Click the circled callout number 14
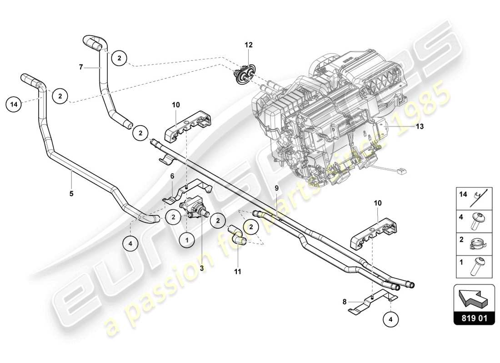(14, 104)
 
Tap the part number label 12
(249, 45)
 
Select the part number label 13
(419, 127)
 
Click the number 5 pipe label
(71, 193)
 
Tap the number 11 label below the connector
(238, 272)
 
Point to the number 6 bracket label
(172, 176)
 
